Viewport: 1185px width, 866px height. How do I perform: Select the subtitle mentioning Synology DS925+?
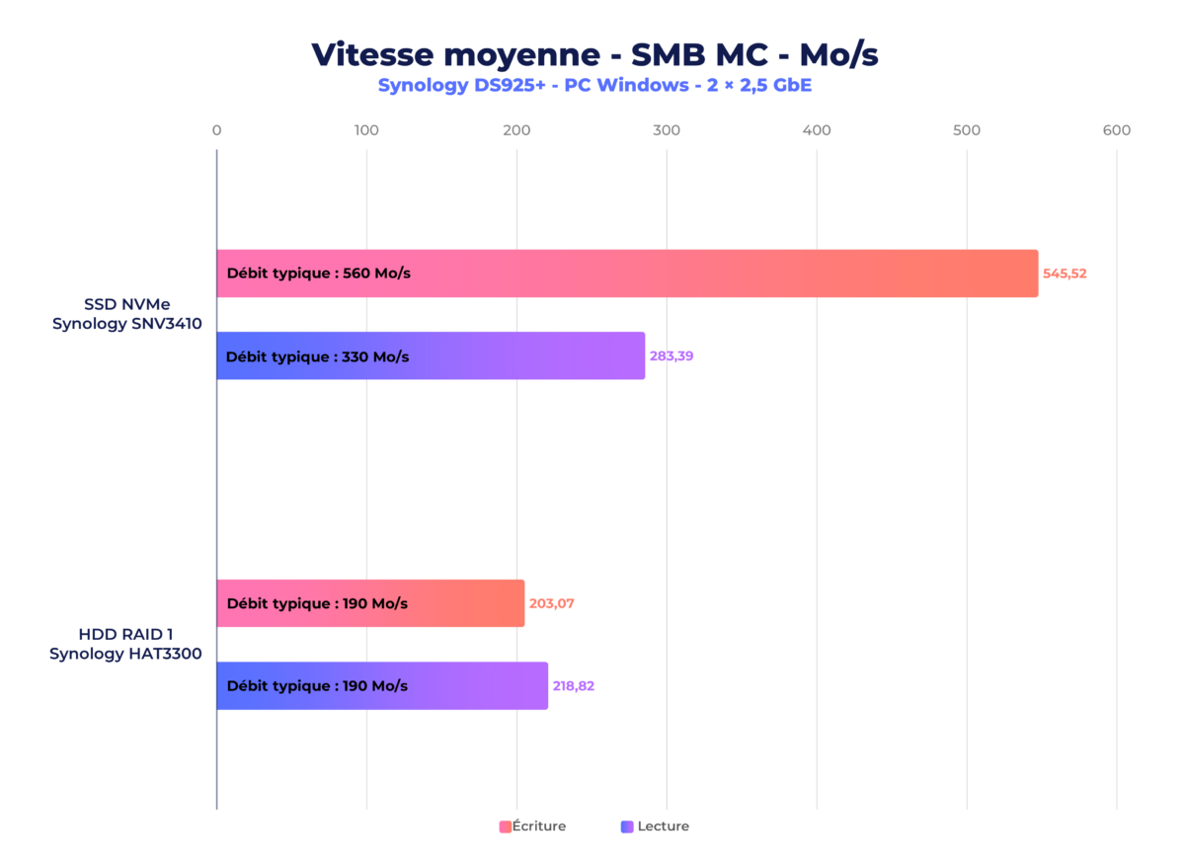pos(594,85)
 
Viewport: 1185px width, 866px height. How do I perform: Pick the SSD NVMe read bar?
pos(513,355)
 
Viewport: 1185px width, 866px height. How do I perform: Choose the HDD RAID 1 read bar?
pos(474,685)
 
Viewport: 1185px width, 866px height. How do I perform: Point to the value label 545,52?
pos(1065,274)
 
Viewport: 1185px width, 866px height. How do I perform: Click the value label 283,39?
pos(671,355)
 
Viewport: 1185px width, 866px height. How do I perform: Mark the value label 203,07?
pos(551,603)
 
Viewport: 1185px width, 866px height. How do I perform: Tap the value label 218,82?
pos(573,685)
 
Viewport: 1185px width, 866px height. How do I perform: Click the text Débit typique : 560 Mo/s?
pos(318,274)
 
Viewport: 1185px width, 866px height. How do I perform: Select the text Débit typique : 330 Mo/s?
pos(317,355)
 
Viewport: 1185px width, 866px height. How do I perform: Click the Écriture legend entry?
pos(533,827)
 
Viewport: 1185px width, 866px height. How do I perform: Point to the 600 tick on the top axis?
pos(1117,130)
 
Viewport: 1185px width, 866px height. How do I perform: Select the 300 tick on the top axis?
pos(667,130)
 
